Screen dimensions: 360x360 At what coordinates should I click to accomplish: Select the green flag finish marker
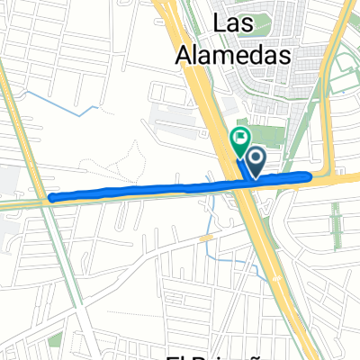(240, 139)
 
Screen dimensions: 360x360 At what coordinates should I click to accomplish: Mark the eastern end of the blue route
(310, 175)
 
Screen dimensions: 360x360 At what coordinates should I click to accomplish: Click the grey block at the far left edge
(4, 180)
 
